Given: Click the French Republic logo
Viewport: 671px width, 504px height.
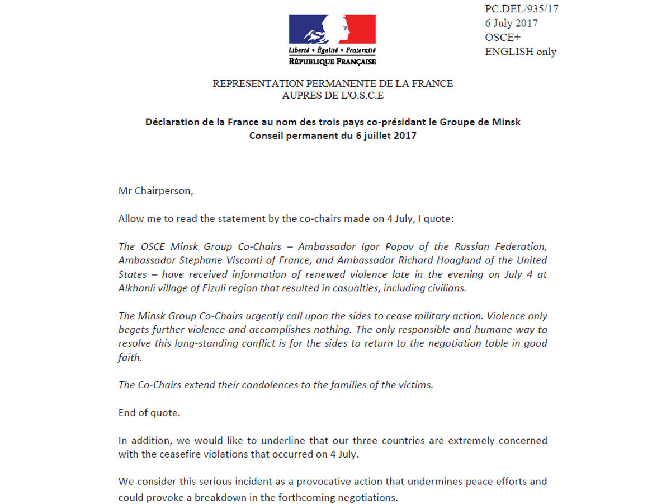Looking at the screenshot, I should pyautogui.click(x=332, y=40).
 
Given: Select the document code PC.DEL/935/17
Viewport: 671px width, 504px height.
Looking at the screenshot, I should pyautogui.click(x=522, y=9).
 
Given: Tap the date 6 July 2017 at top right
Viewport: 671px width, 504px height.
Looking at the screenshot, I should pyautogui.click(x=512, y=24).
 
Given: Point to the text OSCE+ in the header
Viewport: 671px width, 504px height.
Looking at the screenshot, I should pyautogui.click(x=503, y=38).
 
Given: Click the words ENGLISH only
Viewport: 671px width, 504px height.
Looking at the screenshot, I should pyautogui.click(x=521, y=52).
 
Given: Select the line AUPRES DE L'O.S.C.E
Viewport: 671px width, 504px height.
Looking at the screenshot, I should pyautogui.click(x=333, y=95).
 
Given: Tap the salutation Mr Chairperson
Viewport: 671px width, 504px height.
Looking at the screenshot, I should pyautogui.click(x=155, y=190).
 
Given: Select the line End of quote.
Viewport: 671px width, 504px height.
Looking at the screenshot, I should pyautogui.click(x=148, y=413).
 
